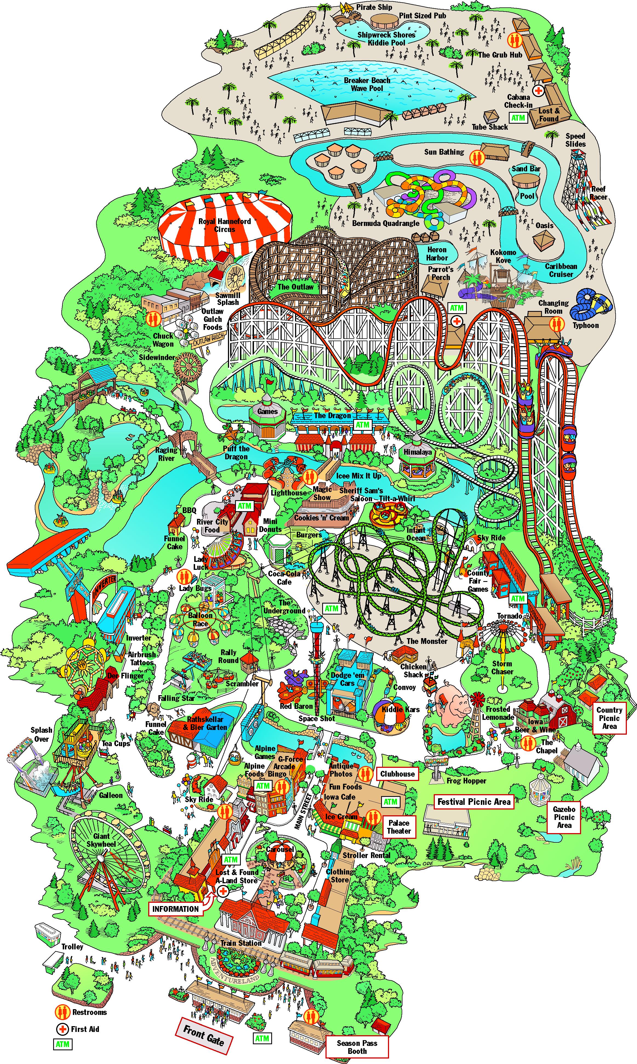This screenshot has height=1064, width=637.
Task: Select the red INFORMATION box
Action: (x=176, y=909)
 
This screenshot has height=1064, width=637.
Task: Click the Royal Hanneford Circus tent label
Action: (x=224, y=225)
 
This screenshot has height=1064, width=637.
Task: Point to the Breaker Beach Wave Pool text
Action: (x=367, y=84)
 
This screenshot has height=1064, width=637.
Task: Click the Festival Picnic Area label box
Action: (x=474, y=802)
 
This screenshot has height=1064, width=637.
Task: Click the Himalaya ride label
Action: (x=417, y=452)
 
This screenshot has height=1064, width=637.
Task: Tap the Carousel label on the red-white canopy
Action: (x=280, y=849)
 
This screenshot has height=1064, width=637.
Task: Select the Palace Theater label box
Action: (x=399, y=827)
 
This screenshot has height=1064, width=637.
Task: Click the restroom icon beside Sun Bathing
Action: (x=476, y=158)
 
